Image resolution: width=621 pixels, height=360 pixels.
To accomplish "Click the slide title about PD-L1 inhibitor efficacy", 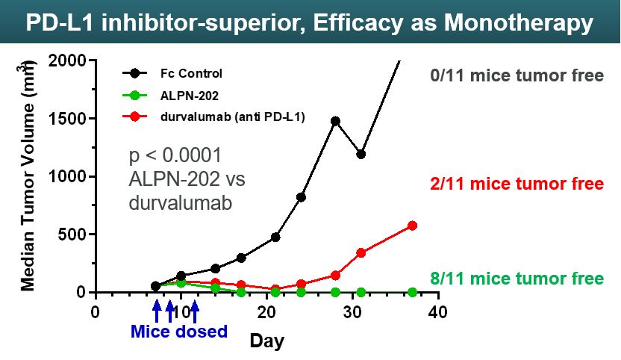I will point(310,23).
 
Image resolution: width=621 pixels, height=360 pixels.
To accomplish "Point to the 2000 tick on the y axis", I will point(69,60).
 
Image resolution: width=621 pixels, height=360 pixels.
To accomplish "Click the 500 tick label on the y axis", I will point(72,235).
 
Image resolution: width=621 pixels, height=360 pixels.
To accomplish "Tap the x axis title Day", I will point(266,341).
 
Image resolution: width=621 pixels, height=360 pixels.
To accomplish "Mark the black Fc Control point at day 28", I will point(335,120).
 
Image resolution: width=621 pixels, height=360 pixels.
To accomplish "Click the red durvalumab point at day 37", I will point(413,226).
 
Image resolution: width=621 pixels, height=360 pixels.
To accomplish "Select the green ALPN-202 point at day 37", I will point(413,292).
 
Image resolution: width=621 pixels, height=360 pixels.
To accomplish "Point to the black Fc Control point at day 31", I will point(361,155).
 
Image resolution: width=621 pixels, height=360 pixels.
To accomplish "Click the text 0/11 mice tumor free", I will point(517,75).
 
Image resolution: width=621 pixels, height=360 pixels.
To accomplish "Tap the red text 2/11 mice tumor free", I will point(517,184).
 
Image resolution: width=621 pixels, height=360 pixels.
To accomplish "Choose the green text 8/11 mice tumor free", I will point(517,279).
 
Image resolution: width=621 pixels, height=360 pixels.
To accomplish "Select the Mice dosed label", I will point(179,331).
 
